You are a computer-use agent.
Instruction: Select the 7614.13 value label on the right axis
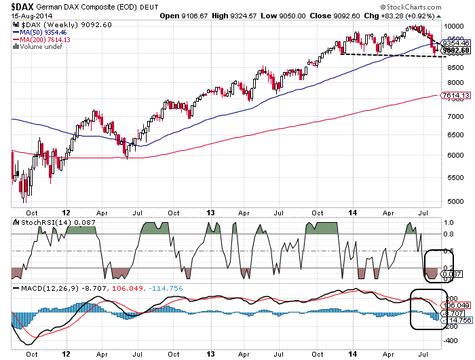456,96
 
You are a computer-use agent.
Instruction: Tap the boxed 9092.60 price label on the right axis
456,50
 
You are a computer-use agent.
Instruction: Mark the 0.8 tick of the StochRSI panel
449,234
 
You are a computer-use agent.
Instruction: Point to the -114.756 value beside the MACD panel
456,320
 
